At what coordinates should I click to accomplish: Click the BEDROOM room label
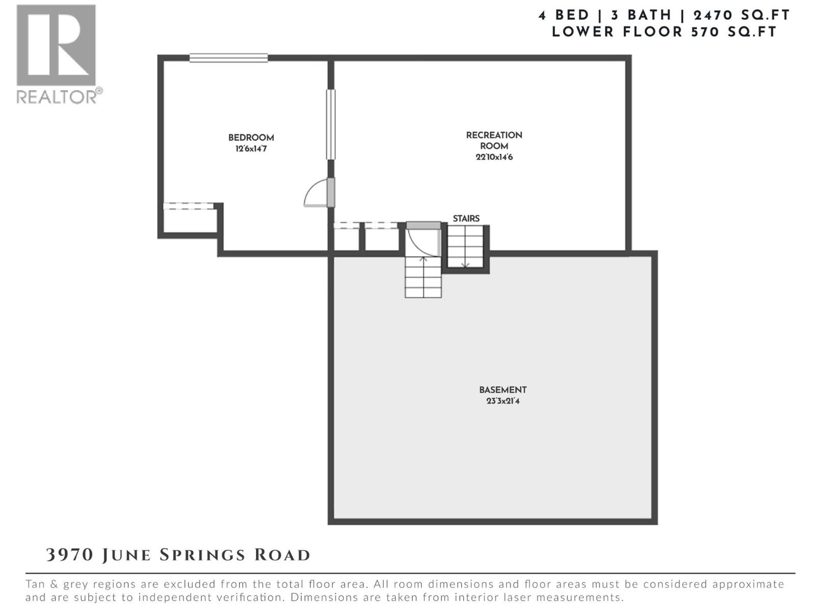point(251,138)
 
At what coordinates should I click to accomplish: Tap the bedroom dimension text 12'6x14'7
point(251,149)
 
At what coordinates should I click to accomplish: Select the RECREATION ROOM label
point(494,140)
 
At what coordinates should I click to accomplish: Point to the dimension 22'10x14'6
point(494,157)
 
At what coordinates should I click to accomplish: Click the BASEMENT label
point(502,390)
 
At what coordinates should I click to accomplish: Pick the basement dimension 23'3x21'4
point(502,401)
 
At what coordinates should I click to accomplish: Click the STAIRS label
point(466,218)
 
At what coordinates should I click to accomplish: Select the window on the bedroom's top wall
point(228,58)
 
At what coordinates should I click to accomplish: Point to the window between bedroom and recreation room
point(331,124)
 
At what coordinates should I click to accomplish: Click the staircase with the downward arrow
point(465,246)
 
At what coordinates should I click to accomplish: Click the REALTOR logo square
point(56,45)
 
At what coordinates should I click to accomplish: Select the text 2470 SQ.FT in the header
point(742,15)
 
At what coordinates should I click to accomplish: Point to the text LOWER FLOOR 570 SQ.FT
point(664,32)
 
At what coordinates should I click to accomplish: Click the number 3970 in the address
point(69,555)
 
